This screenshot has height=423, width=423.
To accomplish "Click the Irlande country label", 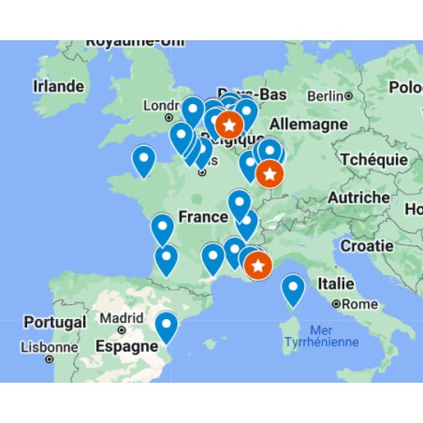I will (x=59, y=85).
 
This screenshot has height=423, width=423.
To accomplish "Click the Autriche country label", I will (x=358, y=197).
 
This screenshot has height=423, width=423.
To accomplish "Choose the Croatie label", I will (x=366, y=245).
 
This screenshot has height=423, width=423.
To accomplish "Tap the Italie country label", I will (x=336, y=283).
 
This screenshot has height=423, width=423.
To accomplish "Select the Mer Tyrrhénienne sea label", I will (x=321, y=336).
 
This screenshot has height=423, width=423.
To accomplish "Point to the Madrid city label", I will (x=122, y=318).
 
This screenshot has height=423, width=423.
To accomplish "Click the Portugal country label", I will (x=55, y=322).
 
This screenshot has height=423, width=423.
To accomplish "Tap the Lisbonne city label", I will (x=49, y=347).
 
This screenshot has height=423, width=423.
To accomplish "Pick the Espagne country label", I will (x=124, y=345).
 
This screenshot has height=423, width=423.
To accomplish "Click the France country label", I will (x=203, y=217).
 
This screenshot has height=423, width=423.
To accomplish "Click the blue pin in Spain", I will (x=167, y=326).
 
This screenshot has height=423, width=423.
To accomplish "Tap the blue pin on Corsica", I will (x=294, y=289).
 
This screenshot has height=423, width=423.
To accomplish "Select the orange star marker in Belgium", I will (x=228, y=124).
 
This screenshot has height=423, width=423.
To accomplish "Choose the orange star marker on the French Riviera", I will (x=258, y=267).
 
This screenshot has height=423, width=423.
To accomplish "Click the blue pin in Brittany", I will (x=143, y=160).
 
